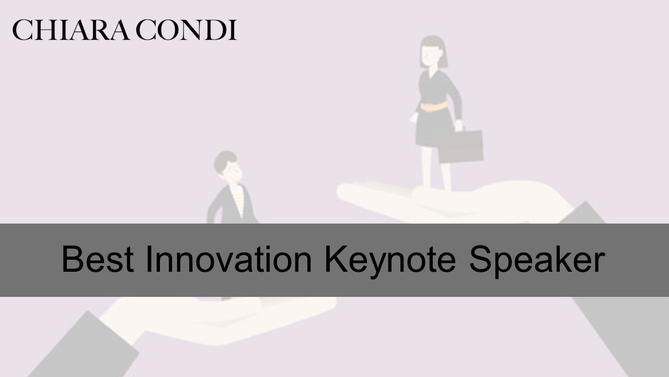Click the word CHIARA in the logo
pos(71,30)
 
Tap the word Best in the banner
pos(98,259)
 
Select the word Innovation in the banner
pos(229,259)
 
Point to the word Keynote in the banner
pos(390,261)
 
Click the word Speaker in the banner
pos(537,261)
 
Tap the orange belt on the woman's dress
pos(434,106)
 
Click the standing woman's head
pos(434,52)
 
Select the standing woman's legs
pos(436,168)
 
